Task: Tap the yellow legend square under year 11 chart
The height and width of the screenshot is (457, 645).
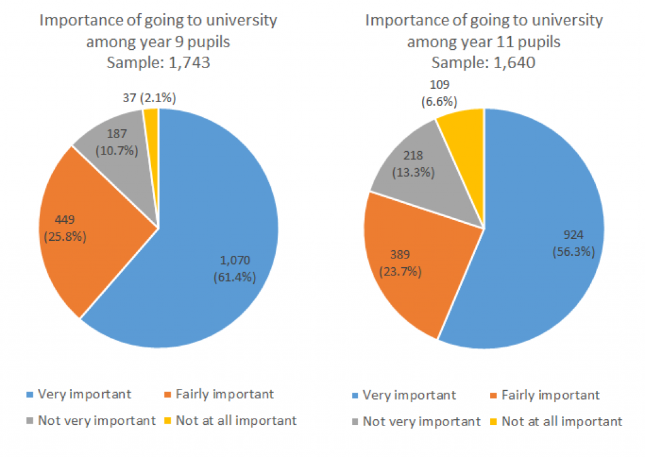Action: [x=494, y=422]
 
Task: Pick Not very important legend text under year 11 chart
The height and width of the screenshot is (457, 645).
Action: [x=422, y=421]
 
